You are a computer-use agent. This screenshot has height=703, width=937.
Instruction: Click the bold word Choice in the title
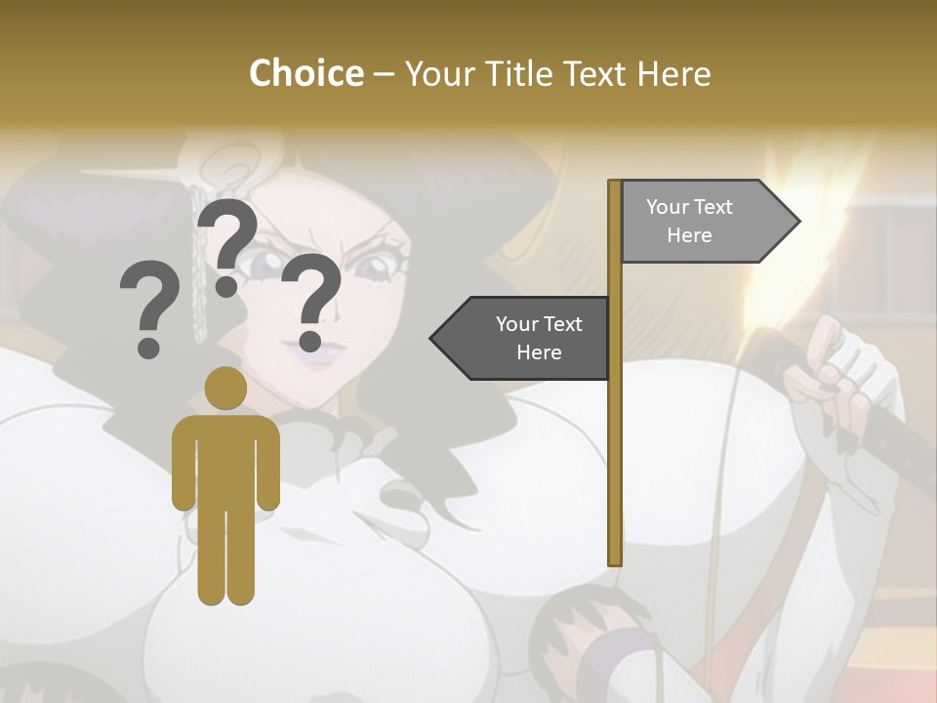click(x=306, y=73)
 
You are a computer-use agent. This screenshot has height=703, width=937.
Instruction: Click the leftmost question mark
click(x=148, y=310)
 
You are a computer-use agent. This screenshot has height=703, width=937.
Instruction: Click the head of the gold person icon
click(x=225, y=388)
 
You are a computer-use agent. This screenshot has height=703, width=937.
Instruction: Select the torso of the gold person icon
click(x=225, y=459)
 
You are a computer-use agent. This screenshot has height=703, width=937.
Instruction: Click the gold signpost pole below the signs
click(x=615, y=469)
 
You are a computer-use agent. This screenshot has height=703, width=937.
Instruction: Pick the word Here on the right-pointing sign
click(x=689, y=235)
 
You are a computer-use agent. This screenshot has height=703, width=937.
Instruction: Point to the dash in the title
click(x=384, y=74)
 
